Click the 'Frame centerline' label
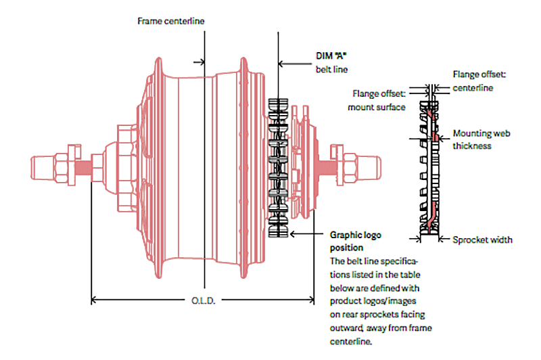click(x=170, y=21)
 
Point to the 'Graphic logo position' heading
click(x=355, y=242)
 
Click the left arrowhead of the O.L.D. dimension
click(x=95, y=298)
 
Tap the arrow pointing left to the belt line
click(x=283, y=65)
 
